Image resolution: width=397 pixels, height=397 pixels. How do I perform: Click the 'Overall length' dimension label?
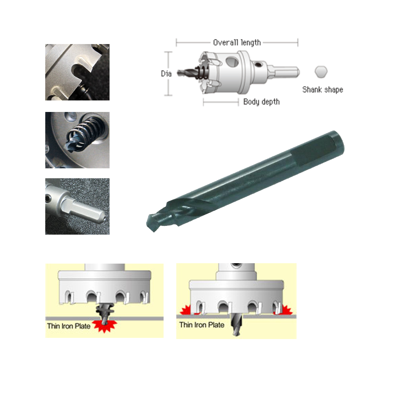[237, 42]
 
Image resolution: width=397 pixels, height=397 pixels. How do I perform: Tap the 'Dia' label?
[166, 74]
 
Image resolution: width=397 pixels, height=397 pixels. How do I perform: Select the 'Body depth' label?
[262, 102]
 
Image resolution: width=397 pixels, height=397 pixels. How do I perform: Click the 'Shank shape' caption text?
[322, 90]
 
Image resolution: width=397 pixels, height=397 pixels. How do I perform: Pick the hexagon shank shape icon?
[321, 71]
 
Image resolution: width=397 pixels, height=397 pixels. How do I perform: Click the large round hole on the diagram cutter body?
[232, 62]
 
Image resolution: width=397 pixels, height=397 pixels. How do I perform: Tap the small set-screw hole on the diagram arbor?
[258, 65]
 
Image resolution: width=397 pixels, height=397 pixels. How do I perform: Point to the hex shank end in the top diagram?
[283, 72]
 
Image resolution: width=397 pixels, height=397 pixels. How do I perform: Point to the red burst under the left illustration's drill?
[104, 325]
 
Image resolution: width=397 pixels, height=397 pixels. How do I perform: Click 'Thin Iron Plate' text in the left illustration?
[69, 326]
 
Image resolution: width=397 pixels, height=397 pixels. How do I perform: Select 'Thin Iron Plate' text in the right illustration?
[202, 325]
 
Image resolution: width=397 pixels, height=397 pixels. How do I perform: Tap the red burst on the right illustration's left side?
[187, 310]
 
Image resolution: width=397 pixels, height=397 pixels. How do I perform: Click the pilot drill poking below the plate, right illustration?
[236, 326]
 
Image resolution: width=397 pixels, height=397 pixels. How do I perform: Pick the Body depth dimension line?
[221, 102]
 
